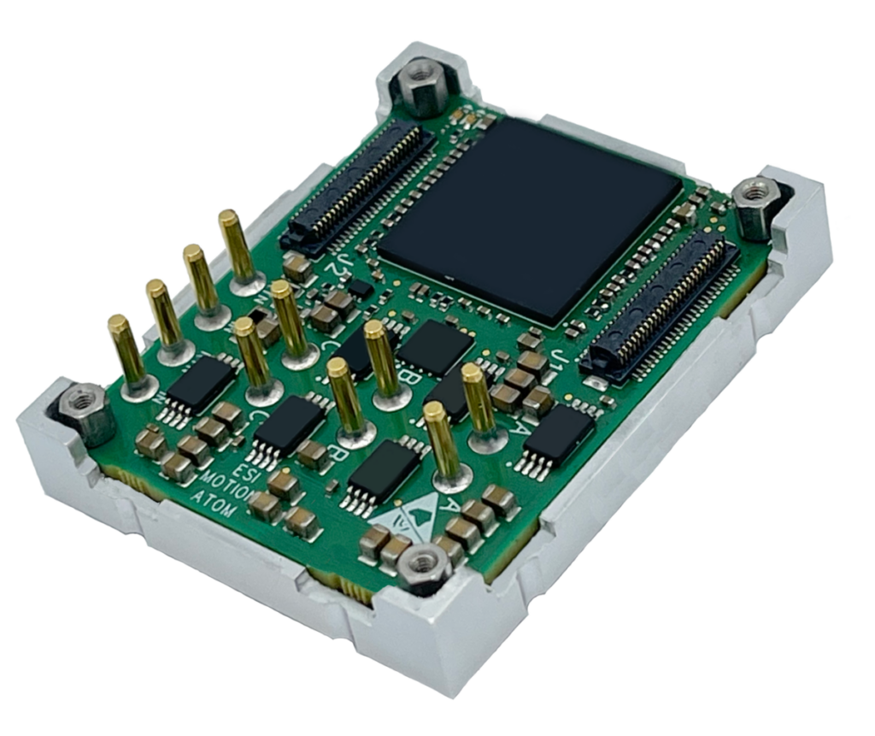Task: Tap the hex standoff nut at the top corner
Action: click(419, 83)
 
